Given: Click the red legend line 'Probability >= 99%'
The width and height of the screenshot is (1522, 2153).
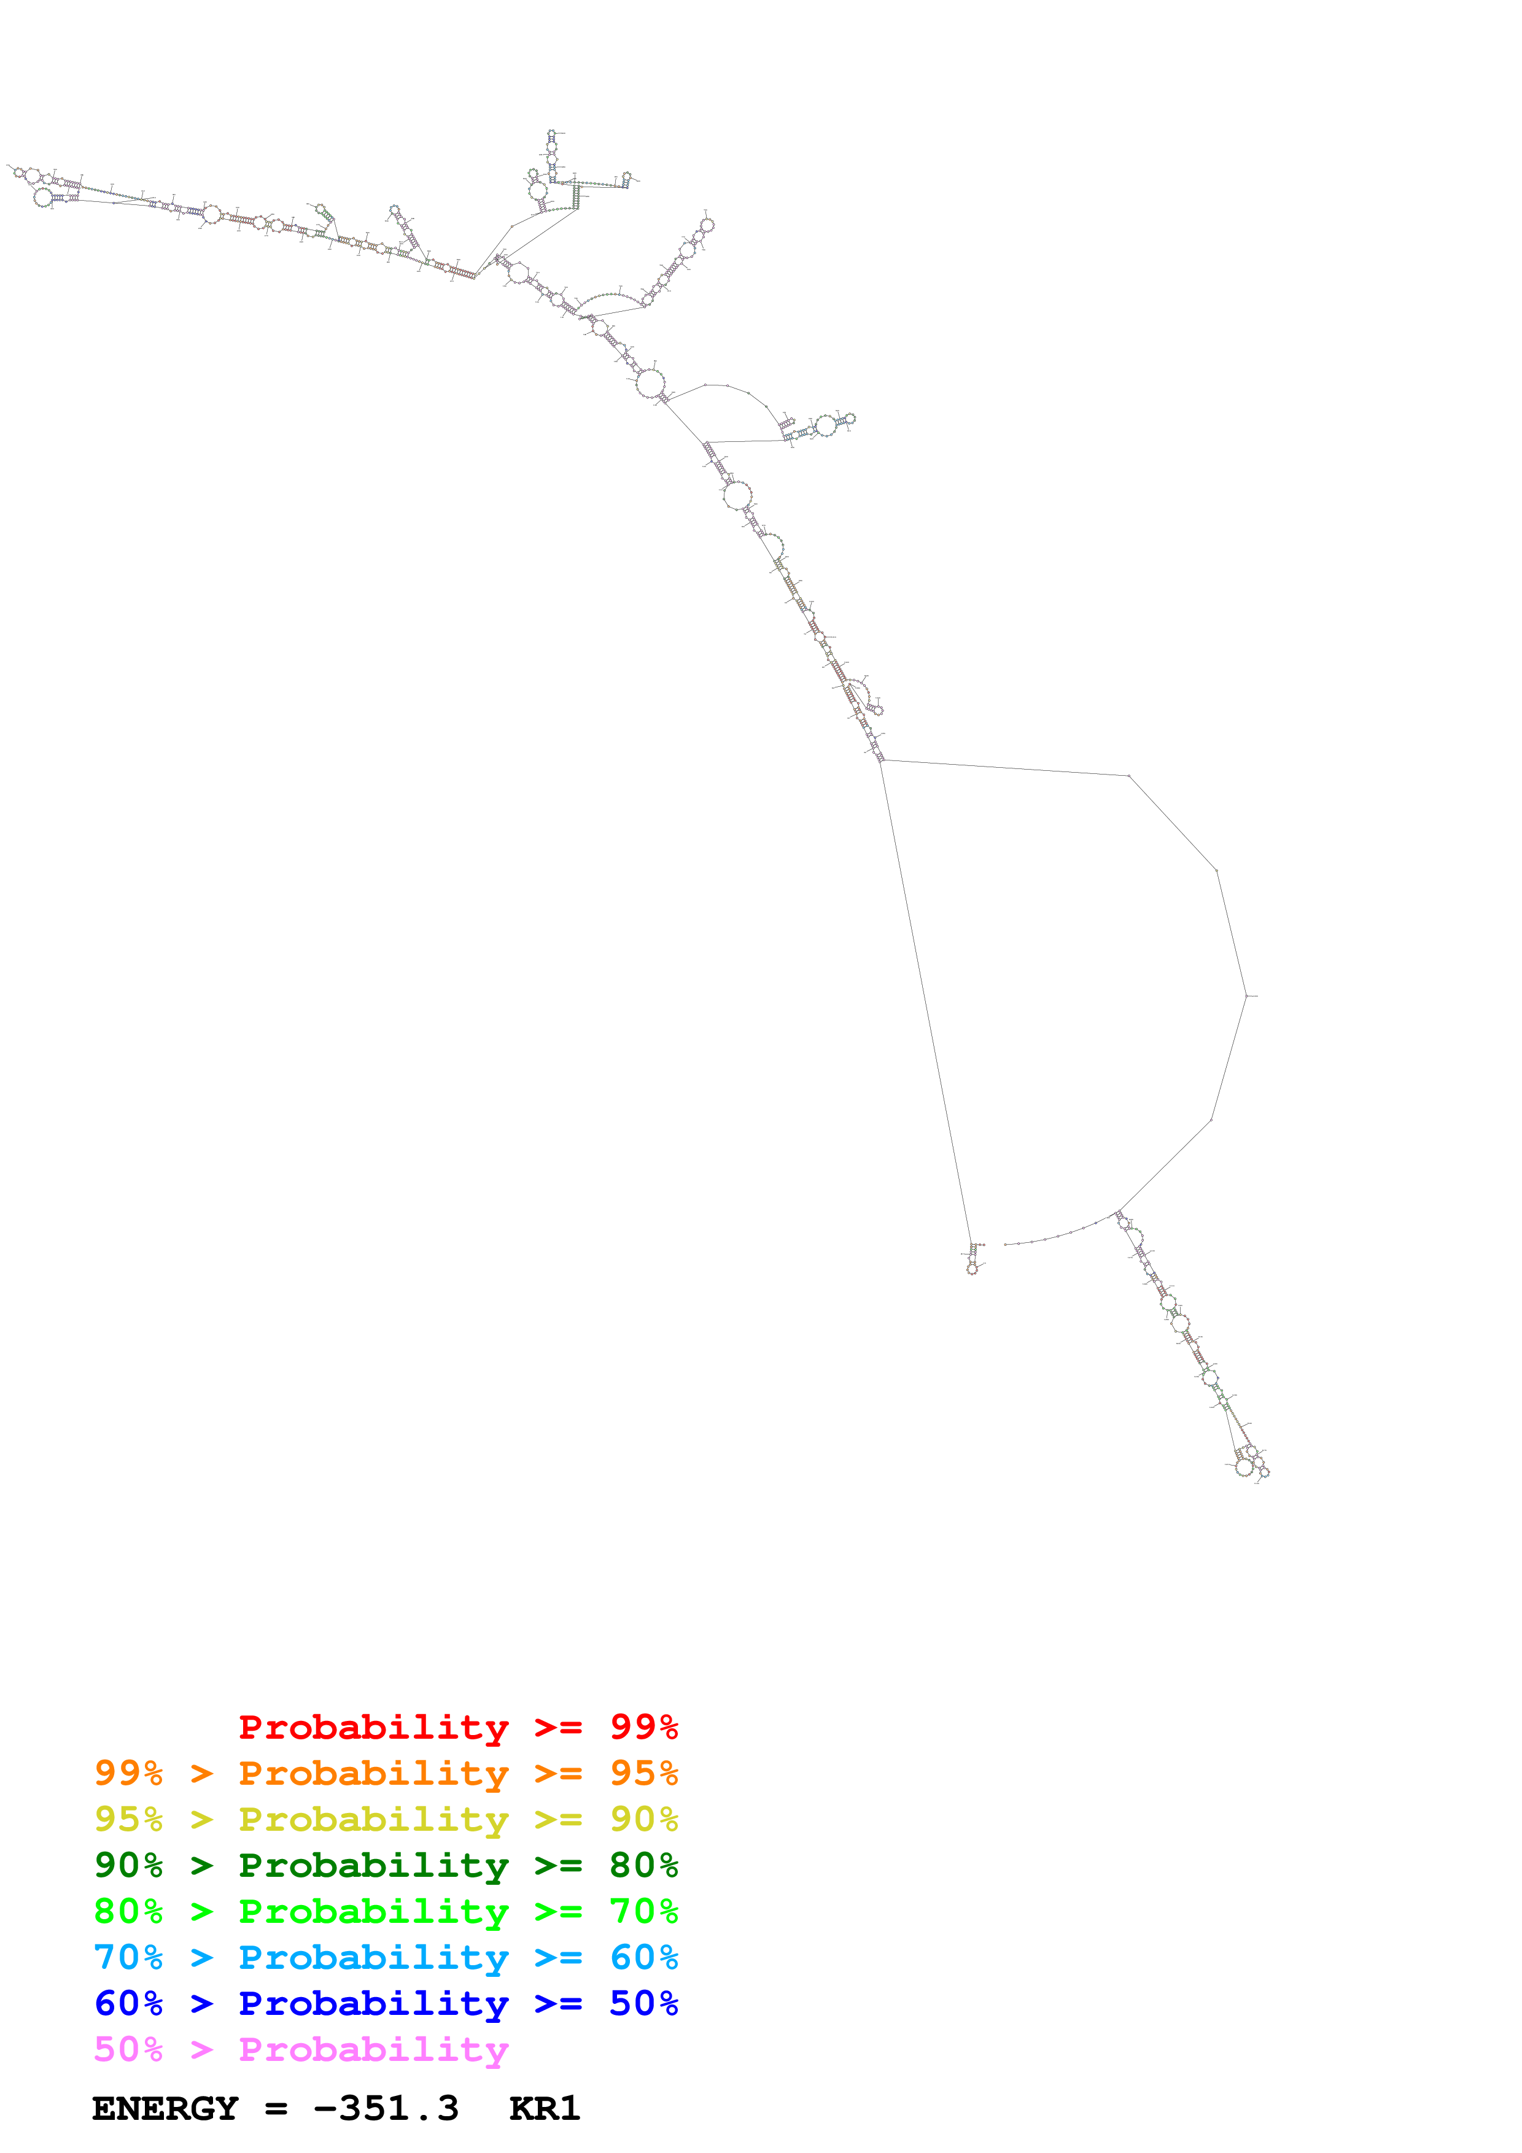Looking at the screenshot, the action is coord(457,1727).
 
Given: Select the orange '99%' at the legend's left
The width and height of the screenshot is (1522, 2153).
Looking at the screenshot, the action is coord(128,1773).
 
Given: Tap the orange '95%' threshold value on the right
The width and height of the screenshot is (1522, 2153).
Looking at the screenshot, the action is coord(643,1773).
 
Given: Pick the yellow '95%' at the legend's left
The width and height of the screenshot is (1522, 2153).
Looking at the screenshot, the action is coord(128,1819).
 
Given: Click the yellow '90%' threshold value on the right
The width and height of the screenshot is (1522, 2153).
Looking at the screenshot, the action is coord(643,1819).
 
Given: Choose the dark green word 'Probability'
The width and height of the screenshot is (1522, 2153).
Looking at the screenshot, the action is coord(373,1865).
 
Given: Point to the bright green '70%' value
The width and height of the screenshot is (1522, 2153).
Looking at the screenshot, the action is coord(643,1911).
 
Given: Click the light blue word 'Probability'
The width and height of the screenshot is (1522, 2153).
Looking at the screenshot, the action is coord(373,1957).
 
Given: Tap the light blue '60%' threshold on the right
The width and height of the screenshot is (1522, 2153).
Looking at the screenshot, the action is coord(643,1957).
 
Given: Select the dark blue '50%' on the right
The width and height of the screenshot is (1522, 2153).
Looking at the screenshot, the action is coord(643,2003).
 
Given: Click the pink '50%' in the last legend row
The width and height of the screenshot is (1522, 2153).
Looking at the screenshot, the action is coord(128,2049).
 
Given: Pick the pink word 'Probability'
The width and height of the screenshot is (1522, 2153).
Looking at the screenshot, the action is coord(373,2049).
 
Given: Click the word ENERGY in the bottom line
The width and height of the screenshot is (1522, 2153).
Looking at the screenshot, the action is coord(165,2108).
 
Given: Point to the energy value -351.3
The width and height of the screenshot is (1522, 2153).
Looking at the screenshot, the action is coord(386,2108).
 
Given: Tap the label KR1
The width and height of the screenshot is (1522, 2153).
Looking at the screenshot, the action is coord(544,2108).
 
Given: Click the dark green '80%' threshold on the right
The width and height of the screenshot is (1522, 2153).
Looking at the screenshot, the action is coord(643,1865).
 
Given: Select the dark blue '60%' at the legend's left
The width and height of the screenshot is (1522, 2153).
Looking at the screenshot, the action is coord(128,2003).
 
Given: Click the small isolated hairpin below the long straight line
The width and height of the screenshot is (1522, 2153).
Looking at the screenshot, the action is coord(973,1260).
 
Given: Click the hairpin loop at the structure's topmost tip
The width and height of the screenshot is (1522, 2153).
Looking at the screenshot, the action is coord(553,136).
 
